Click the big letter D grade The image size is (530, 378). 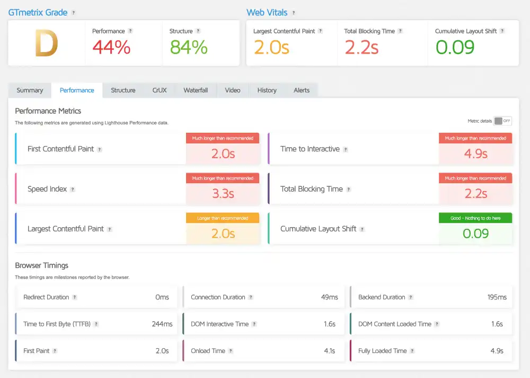46,44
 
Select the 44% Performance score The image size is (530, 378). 111,47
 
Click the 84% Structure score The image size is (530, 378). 188,47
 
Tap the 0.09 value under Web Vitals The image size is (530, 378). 455,47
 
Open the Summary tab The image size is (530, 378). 30,90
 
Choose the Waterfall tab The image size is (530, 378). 196,90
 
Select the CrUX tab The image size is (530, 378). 160,90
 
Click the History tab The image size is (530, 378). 267,90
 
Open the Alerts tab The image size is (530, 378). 302,90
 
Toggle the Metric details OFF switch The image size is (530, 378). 502,121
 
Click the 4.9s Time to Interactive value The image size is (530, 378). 475,154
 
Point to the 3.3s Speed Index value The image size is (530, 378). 223,194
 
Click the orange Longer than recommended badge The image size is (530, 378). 223,218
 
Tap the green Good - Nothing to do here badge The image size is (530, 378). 475,218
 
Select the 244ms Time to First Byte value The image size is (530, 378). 162,324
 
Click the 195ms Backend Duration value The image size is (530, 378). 497,297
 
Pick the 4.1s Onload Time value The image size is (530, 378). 329,351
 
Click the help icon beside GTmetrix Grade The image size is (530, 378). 73,13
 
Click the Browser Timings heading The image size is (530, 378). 41,265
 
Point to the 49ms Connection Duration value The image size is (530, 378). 329,297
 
